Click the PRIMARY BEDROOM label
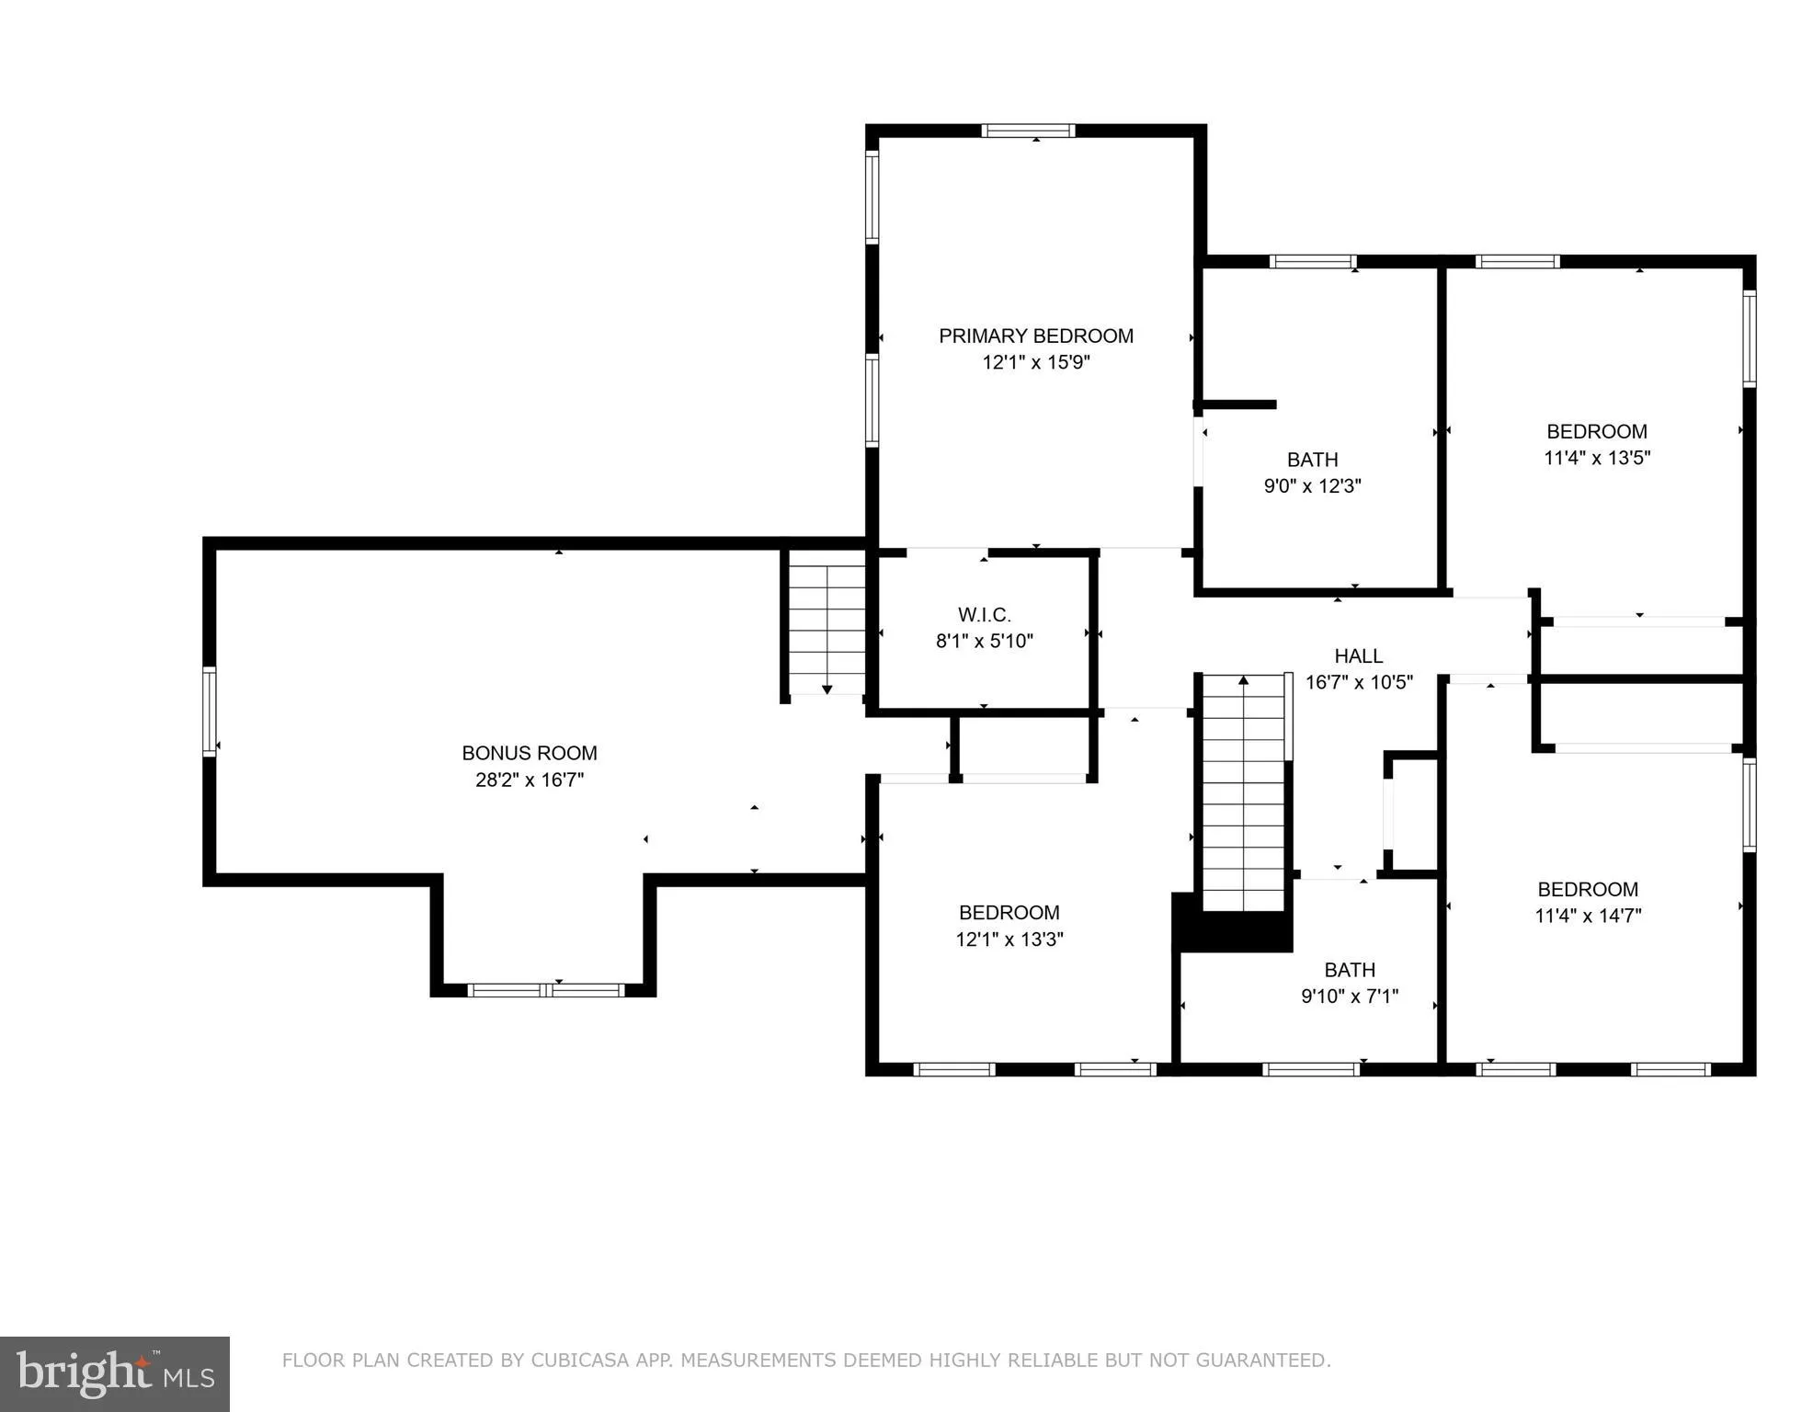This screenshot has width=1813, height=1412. [x=1035, y=336]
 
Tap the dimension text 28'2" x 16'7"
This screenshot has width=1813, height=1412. [x=530, y=780]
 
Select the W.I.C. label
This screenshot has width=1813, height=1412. [x=984, y=615]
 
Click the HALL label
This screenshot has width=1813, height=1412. [x=1358, y=656]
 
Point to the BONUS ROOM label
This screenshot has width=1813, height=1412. [x=530, y=754]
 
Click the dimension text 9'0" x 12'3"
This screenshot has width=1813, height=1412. [x=1312, y=486]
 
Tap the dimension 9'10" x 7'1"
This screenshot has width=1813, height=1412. [x=1349, y=996]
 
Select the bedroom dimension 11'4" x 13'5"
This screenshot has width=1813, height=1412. [x=1597, y=458]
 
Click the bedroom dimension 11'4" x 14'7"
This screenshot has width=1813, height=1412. [x=1588, y=916]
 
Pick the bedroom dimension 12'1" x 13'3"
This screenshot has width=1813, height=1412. [x=1009, y=939]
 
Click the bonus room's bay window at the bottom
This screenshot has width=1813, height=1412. [x=546, y=990]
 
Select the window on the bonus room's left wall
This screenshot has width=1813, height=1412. [x=210, y=712]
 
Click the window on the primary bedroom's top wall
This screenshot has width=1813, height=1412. [x=1028, y=131]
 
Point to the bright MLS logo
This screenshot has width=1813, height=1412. [x=115, y=1373]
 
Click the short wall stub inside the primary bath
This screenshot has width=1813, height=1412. [x=1238, y=404]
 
